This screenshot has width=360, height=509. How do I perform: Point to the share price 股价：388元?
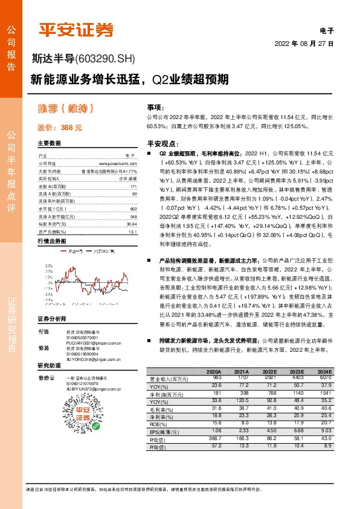tap(59, 128)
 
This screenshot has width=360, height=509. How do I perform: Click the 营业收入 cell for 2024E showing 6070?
tap(324, 378)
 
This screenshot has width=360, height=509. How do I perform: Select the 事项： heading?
tap(156, 106)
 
